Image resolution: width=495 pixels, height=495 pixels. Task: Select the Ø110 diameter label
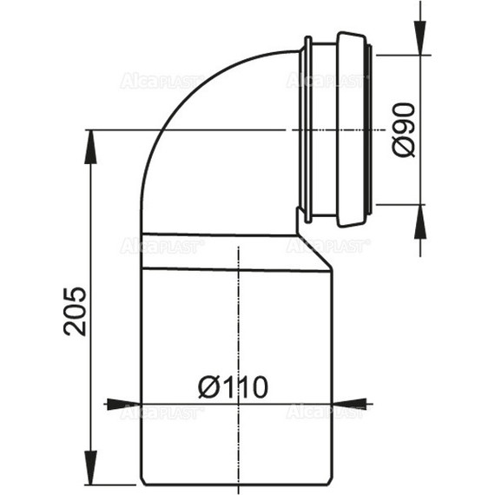point(231,386)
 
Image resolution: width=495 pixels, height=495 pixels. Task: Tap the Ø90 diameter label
point(404,129)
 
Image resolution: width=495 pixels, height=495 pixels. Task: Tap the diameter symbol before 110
point(208,386)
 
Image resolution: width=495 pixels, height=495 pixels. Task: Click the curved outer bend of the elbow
point(178,113)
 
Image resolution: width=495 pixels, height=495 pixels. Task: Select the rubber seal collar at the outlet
point(340,130)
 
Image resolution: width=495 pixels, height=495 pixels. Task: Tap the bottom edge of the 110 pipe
point(234,484)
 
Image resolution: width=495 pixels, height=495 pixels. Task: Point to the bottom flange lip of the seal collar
point(305,214)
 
